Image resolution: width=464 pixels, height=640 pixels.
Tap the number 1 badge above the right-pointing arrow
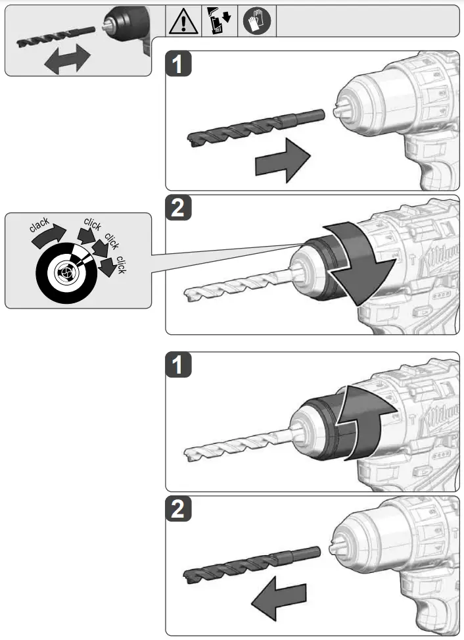click(x=179, y=65)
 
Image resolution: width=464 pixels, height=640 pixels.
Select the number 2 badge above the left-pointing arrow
click(x=179, y=510)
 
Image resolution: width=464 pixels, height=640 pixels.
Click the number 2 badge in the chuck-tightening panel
click(x=179, y=209)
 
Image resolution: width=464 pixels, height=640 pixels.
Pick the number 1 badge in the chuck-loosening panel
click(x=179, y=366)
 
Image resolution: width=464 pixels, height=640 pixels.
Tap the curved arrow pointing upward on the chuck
click(x=368, y=421)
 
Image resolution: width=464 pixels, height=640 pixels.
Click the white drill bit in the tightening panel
click(x=237, y=280)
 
